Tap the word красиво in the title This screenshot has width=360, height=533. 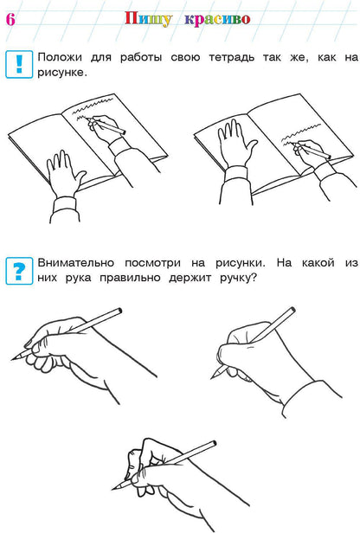[217, 19]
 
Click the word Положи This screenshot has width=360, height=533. [61, 57]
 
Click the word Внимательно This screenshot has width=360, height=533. [80, 262]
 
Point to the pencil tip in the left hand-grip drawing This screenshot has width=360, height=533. [14, 357]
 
